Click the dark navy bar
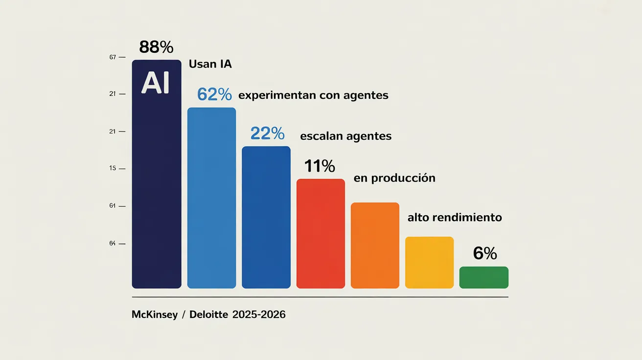click(157, 196)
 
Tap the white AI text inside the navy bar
click(156, 84)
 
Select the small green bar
click(483, 277)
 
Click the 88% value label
click(156, 47)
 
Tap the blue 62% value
click(214, 94)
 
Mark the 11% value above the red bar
click(320, 166)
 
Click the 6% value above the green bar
click(485, 253)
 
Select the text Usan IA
click(210, 64)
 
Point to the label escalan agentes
click(345, 136)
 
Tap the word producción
click(403, 178)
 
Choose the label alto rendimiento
click(455, 217)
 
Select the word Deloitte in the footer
click(208, 315)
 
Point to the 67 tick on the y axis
click(113, 57)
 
